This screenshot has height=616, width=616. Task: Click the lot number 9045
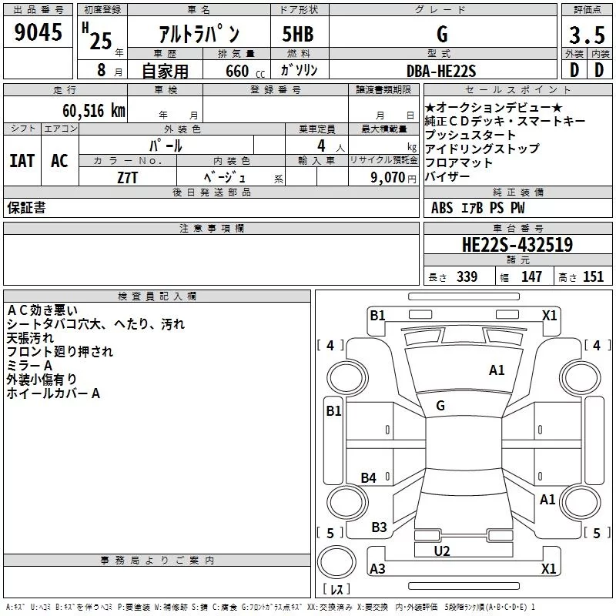point(38,32)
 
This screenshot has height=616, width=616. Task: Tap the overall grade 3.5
point(587,35)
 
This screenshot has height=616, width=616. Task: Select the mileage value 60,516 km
point(94,111)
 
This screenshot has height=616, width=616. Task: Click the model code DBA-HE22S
point(441,71)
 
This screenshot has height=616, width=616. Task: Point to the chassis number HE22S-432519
point(517,245)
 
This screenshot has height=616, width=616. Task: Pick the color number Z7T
point(127,178)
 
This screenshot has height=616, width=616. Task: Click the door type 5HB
point(298,34)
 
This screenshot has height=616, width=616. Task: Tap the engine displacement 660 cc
point(245,72)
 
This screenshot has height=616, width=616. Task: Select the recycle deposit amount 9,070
point(387,177)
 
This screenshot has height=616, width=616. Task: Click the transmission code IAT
point(22,161)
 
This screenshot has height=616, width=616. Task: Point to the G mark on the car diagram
point(440,406)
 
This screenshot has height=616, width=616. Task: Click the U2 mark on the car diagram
point(442,551)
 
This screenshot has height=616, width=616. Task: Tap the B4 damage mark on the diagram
point(369,477)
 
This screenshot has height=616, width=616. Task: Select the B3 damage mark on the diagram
point(379,527)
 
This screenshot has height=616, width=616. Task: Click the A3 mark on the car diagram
point(377,568)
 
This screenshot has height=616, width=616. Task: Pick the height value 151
point(593,276)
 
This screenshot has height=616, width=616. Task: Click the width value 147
point(531,276)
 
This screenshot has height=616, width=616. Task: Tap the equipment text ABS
point(442,208)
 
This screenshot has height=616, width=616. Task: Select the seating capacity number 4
point(321,146)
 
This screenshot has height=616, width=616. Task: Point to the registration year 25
point(101,41)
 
